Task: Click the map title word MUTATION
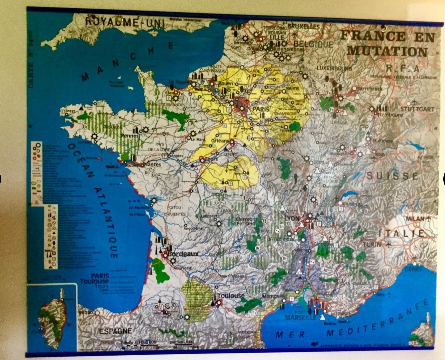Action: pyautogui.click(x=387, y=51)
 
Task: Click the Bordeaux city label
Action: pyautogui.click(x=183, y=254)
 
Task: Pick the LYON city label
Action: pyautogui.click(x=292, y=218)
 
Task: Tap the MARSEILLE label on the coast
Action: pyautogui.click(x=301, y=317)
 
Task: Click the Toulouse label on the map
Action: pyautogui.click(x=231, y=296)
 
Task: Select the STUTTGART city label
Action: pyautogui.click(x=417, y=109)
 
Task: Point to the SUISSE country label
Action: pyautogui.click(x=392, y=176)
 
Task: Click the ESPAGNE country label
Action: pyautogui.click(x=115, y=331)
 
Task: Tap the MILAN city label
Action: pyautogui.click(x=415, y=219)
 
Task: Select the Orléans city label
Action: pyautogui.click(x=220, y=141)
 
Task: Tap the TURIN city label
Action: pyautogui.click(x=372, y=244)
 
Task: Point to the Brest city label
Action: pyautogui.click(x=70, y=111)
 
